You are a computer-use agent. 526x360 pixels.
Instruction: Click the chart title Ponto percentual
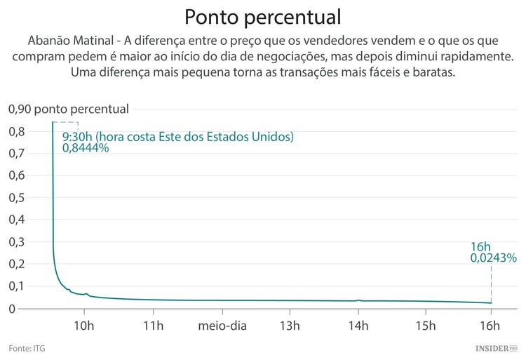point(263,16)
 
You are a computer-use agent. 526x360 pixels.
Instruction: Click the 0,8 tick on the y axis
point(17,131)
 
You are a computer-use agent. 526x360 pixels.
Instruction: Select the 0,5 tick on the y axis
point(17,197)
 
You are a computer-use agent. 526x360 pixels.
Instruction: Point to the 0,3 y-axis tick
point(17,241)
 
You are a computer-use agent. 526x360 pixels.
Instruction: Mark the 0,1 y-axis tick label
point(17,286)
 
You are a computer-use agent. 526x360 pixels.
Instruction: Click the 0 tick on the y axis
point(11,308)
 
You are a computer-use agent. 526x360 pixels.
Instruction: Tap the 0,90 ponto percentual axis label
point(68,109)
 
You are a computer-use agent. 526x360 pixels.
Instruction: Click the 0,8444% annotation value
point(86,148)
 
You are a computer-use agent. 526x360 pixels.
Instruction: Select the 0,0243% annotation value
point(493,258)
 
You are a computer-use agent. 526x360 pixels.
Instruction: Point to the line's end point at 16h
point(491,303)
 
